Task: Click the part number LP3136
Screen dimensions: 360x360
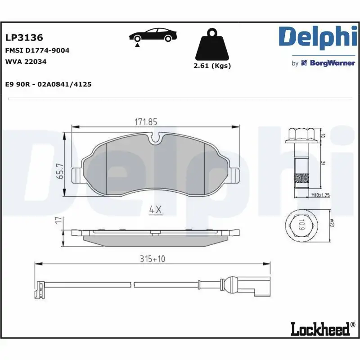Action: [23, 38]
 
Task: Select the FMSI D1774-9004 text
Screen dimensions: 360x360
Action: [37, 50]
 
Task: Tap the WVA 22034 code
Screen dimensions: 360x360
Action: [26, 62]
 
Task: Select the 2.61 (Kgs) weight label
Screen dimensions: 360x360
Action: [212, 66]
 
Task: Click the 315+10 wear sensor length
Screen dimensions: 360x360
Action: [153, 259]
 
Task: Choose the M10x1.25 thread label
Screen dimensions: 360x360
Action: [321, 195]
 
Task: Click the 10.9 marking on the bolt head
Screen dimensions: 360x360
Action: [301, 224]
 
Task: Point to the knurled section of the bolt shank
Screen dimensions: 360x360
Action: [301, 180]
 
